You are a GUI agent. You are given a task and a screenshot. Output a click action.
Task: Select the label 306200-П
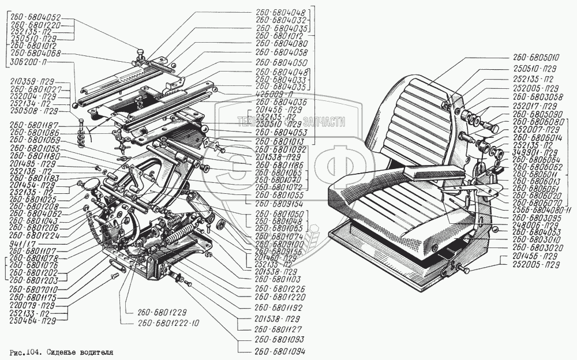[x=28, y=61]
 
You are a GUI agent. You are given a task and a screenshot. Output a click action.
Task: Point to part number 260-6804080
[x=283, y=44]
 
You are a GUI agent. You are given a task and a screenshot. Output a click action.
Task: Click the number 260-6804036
[x=283, y=102]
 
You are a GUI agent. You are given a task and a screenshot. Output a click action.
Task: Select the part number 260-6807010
[x=35, y=287]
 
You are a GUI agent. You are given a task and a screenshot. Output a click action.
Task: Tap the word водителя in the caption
[x=95, y=351]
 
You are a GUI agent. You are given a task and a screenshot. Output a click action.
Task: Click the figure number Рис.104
[x=26, y=351]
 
